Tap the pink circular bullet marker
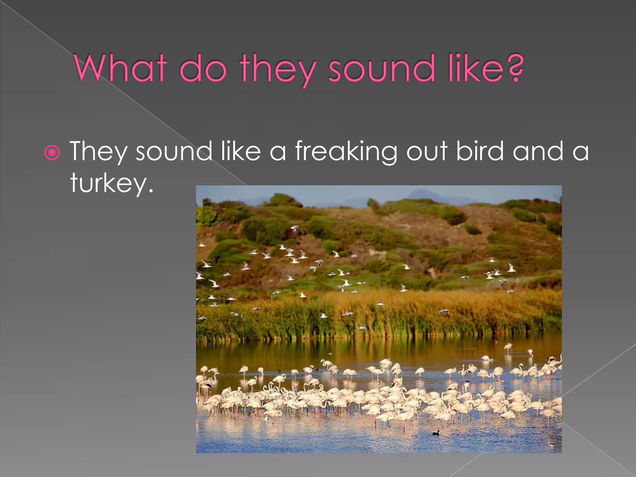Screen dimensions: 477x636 pyautogui.click(x=52, y=152)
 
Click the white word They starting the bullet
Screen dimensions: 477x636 pyautogui.click(x=99, y=152)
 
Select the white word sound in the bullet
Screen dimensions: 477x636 pyautogui.click(x=174, y=152)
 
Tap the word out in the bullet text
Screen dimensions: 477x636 pyautogui.click(x=427, y=152)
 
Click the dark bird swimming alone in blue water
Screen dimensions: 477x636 pyautogui.click(x=436, y=433)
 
